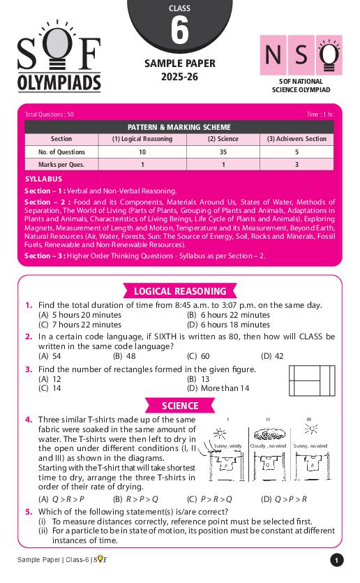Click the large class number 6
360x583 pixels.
[179, 32]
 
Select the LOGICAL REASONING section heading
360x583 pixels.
[180, 292]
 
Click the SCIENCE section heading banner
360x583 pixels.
[180, 406]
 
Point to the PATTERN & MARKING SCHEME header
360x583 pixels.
[179, 127]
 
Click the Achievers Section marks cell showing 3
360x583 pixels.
[296, 165]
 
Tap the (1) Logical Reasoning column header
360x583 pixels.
[142, 139]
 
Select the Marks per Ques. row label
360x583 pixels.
[61, 165]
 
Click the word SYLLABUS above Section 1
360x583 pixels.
[43, 179]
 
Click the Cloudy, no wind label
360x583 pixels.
[269, 445]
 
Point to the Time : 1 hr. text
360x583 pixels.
[320, 114]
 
